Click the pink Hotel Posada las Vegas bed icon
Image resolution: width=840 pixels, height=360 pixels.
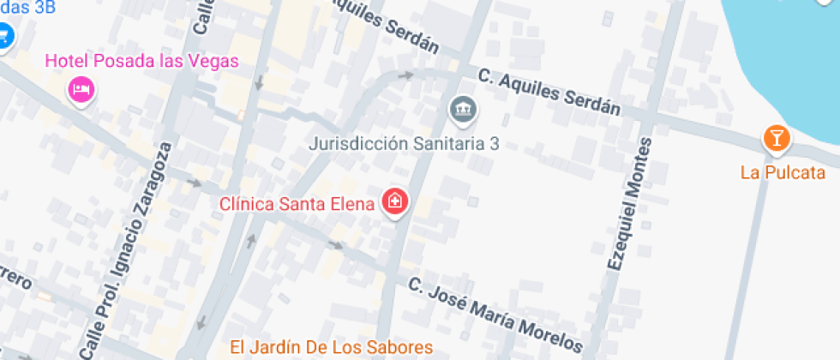[x=81, y=88]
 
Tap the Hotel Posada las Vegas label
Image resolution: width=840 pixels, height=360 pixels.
[x=141, y=61]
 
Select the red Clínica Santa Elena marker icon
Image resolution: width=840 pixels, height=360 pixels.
[x=396, y=202]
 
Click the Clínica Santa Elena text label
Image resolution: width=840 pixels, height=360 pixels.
[x=297, y=204]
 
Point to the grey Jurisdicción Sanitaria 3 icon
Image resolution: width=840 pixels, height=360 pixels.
[x=464, y=109]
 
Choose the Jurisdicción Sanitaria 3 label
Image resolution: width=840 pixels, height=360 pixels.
[x=404, y=143]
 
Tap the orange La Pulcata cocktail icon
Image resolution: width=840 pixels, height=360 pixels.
[x=776, y=137]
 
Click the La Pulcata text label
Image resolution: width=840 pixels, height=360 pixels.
[x=783, y=172]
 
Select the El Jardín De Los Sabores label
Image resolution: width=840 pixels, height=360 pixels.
[x=331, y=347]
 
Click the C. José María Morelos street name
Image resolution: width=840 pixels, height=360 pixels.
[x=495, y=314]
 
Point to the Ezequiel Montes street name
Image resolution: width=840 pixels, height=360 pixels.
[x=632, y=205]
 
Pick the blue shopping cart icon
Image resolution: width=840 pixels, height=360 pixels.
[x=5, y=36]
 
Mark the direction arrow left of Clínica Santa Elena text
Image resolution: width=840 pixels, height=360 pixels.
[x=195, y=183]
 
